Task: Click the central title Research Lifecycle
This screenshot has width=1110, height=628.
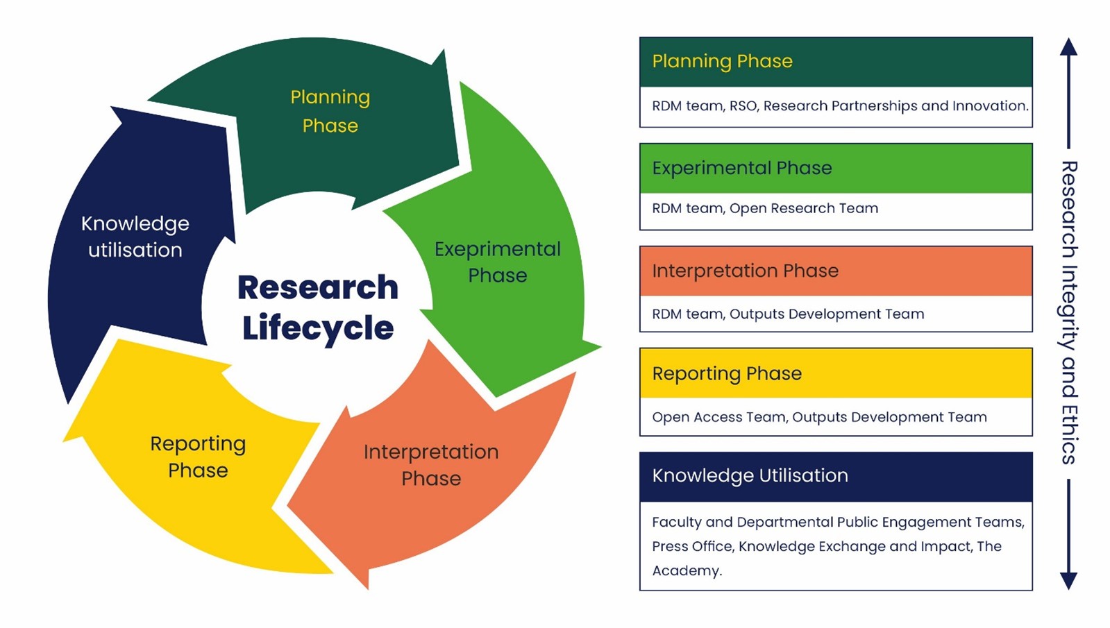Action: pos(318,307)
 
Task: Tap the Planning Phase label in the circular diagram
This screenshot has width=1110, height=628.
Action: pos(330,111)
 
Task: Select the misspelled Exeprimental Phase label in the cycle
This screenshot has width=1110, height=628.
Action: pos(497,262)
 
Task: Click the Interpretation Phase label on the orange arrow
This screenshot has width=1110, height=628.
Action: pos(431,464)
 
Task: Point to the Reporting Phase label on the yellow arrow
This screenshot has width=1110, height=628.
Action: pos(198,457)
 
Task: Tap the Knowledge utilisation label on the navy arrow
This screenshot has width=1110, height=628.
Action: pos(135,237)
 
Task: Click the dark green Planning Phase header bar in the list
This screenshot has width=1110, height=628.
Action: pos(836,62)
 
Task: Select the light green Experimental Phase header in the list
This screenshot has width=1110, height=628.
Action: pos(836,168)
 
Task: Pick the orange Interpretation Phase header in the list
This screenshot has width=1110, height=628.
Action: pos(836,271)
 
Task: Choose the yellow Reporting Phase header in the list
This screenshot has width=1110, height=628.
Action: pos(836,373)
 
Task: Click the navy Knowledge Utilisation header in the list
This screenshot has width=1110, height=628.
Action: pos(836,476)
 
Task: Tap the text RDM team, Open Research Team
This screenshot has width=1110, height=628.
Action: pos(765,208)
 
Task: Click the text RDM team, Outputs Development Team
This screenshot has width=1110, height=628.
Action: pos(788,314)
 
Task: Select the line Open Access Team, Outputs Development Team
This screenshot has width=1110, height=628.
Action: pos(819,417)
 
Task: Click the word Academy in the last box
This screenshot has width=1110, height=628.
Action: pos(686,570)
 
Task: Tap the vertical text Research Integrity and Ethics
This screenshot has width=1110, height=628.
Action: pos(1069,312)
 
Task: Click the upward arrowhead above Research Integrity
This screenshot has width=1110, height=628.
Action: pos(1069,46)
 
